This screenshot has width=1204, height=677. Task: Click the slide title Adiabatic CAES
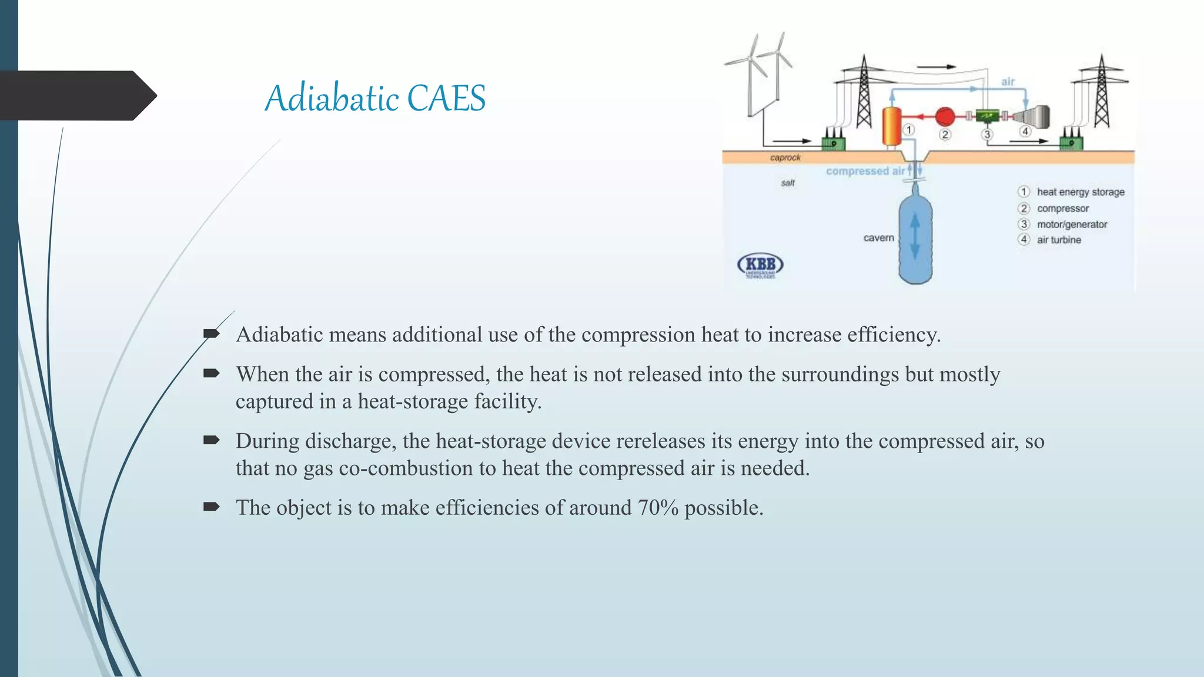(x=375, y=98)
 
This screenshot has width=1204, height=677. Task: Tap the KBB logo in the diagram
(x=760, y=265)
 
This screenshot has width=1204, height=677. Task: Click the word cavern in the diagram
(x=878, y=238)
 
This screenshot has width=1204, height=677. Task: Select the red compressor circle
(x=945, y=116)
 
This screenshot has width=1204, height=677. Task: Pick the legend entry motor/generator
(x=1072, y=224)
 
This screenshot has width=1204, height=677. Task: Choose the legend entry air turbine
(x=1059, y=240)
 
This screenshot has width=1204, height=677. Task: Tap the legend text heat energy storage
(x=1081, y=192)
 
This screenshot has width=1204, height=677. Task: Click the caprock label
(x=785, y=157)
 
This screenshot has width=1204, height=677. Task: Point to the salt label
(x=788, y=183)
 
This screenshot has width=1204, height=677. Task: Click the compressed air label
(x=865, y=171)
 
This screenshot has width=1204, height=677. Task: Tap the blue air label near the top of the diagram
(x=1008, y=82)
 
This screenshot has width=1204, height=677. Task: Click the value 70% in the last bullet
(x=658, y=508)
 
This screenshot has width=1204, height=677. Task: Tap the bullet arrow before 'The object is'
(x=211, y=507)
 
